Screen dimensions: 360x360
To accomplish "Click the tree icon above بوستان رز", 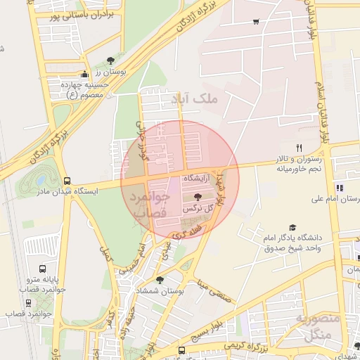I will point(110,61).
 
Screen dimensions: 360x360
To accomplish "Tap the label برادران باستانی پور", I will point(74,15).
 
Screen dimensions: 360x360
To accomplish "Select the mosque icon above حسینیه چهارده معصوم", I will point(85,74).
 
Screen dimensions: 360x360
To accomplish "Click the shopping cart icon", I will point(255,21).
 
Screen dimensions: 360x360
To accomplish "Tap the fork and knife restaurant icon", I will point(299,148).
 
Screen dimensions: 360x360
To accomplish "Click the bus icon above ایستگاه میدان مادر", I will point(67,181).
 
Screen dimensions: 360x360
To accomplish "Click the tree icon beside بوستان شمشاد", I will point(160,279).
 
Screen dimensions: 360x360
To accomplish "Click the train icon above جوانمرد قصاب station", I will point(28,303).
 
